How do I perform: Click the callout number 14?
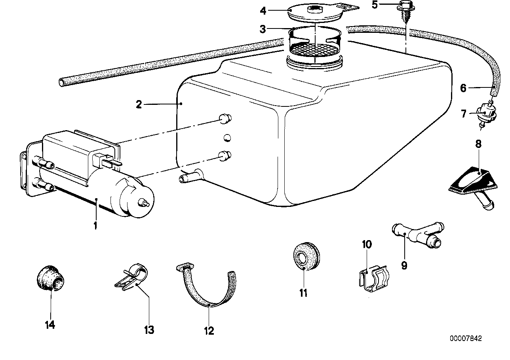(50, 325)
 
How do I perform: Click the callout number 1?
(95, 226)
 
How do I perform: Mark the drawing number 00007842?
(466, 339)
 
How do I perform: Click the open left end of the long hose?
(62, 82)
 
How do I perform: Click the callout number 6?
(463, 88)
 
